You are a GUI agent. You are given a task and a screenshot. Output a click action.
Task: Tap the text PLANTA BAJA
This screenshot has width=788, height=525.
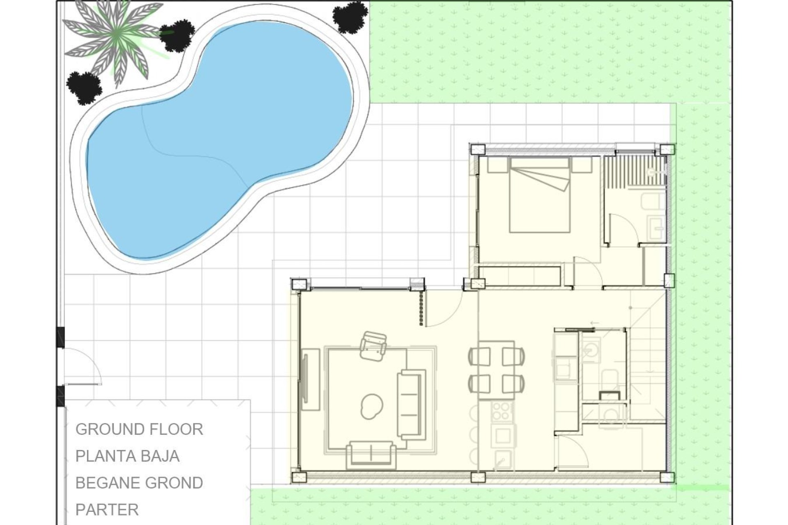pyautogui.click(x=127, y=456)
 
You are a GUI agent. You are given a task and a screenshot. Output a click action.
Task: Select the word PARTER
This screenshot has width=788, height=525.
pyautogui.click(x=107, y=509)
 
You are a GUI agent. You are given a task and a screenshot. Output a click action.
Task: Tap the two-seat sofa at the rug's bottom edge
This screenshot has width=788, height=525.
pyautogui.click(x=371, y=454)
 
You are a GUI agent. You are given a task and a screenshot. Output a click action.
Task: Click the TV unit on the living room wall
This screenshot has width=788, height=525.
pyautogui.click(x=311, y=379)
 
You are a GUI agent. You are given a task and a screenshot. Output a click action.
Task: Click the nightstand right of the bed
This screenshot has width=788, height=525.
pyautogui.click(x=581, y=165)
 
